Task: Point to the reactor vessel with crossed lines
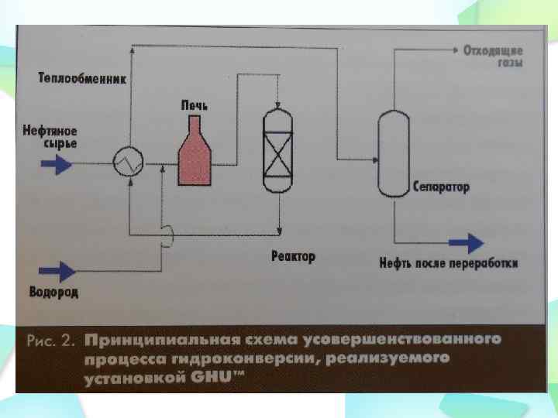[276, 152]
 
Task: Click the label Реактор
[294, 256]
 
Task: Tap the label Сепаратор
[441, 187]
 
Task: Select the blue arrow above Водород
[57, 270]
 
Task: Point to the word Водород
[53, 293]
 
